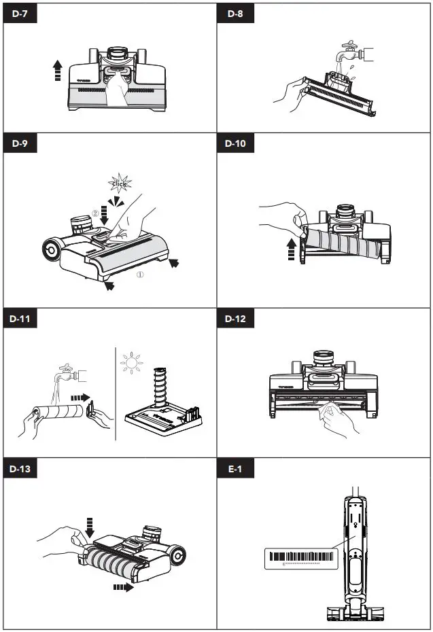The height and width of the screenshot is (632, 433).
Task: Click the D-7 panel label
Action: [x=21, y=16]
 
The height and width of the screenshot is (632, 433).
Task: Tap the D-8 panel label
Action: [x=235, y=16]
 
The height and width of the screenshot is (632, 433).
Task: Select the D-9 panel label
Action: [x=21, y=144]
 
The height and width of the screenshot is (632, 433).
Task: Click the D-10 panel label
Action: [x=237, y=144]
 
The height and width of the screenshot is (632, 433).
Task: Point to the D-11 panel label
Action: [x=23, y=319]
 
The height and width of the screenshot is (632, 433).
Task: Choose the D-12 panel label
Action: [x=237, y=319]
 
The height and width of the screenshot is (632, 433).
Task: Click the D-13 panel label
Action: [x=23, y=469]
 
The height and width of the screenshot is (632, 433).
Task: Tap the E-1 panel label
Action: [x=235, y=469]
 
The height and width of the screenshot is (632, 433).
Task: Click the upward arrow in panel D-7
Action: [x=58, y=70]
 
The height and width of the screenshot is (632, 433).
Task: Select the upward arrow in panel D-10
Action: [x=292, y=248]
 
